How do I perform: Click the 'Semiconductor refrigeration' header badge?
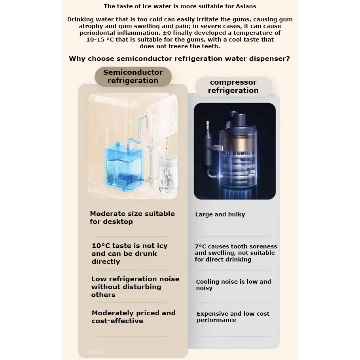[133, 76]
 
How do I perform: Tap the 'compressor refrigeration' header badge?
[233, 86]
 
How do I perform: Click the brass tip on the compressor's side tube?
[207, 125]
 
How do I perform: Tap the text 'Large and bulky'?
[220, 214]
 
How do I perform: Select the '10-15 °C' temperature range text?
[100, 40]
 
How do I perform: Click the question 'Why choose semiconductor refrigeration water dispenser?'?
[179, 59]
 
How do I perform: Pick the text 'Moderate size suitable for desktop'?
[132, 218]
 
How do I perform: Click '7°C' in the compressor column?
[201, 246]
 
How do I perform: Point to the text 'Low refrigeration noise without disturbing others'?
[135, 287]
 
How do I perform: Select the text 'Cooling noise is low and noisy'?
[233, 285]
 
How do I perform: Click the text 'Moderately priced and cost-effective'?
[133, 317]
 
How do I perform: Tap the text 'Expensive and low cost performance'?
[233, 317]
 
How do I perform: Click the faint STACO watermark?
[95, 352]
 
